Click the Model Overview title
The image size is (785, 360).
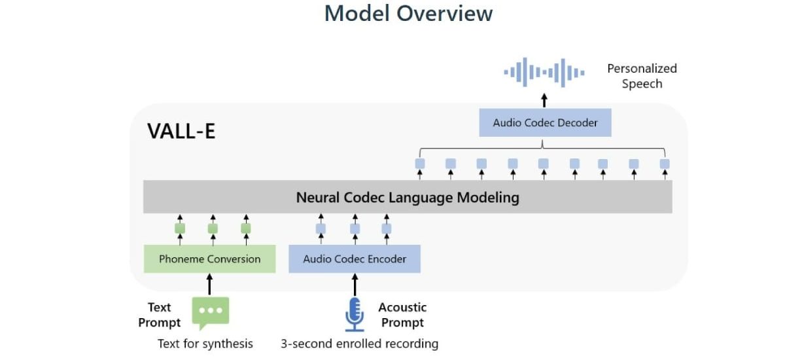click(x=408, y=13)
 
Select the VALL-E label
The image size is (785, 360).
click(x=181, y=131)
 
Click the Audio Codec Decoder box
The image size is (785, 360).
click(x=545, y=122)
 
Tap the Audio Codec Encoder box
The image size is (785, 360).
click(x=355, y=259)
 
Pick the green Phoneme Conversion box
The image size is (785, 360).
click(x=209, y=259)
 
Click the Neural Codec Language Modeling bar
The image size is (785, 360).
click(x=408, y=197)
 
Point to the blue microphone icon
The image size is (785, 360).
click(x=355, y=314)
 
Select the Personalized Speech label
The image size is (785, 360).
click(x=642, y=76)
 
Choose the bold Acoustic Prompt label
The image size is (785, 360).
click(x=402, y=315)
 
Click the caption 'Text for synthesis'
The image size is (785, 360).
click(x=205, y=344)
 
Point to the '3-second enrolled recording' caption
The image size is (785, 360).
click(x=360, y=344)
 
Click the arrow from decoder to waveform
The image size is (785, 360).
click(x=544, y=100)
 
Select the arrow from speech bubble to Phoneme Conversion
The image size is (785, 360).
click(x=209, y=285)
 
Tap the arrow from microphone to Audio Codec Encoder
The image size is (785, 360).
click(x=355, y=285)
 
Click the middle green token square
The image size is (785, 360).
click(x=213, y=228)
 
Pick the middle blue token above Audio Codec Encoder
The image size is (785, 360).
click(x=355, y=228)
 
